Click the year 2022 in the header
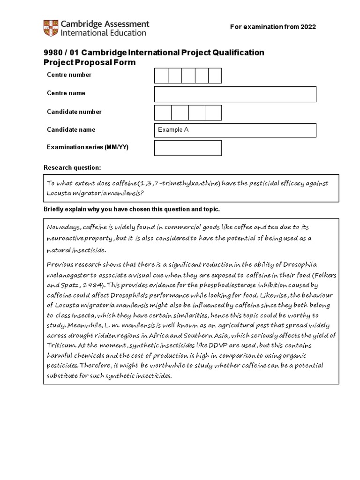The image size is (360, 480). tap(307, 27)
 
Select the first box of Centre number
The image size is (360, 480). tap(161, 75)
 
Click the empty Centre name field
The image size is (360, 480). tap(235, 94)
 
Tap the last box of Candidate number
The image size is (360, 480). tap(213, 112)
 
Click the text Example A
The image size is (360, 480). tap(173, 130)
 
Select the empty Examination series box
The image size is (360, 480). tap(187, 148)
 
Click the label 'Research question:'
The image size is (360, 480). tap(72, 168)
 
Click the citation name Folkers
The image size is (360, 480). tap(322, 275)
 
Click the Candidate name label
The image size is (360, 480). tap(71, 130)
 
